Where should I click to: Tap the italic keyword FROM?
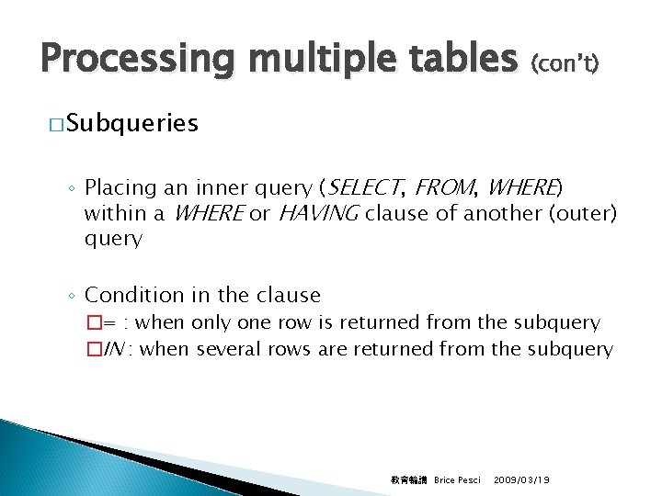tap(445, 188)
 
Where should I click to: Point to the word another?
tap(503, 213)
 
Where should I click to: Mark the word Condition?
tap(130, 295)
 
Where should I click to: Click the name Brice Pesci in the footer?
tap(457, 479)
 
